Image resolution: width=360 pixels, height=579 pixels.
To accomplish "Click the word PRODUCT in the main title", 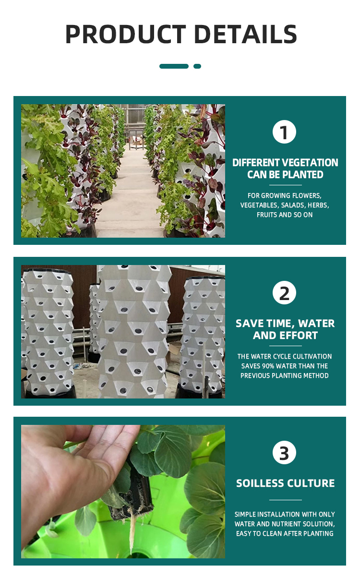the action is coord(126,34).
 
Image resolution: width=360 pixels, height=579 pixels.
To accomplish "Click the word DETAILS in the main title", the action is coord(245,34).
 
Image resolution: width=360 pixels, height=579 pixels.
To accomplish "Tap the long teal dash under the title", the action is coord(174,66).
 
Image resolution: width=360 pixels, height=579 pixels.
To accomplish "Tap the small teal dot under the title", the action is coord(197,66).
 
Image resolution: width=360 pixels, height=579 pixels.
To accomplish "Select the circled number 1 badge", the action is coord(284,132).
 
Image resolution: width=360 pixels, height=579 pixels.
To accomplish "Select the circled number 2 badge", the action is coord(284,292).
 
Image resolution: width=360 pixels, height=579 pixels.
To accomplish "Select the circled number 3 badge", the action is coord(284,453).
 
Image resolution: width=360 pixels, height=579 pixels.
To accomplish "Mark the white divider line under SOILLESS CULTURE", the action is coord(285,500).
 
